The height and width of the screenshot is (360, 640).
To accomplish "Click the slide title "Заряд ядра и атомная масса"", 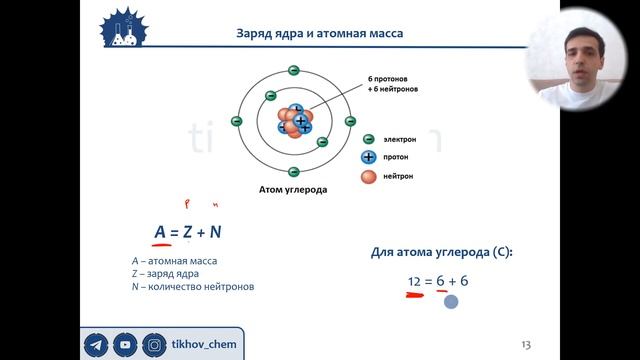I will click(x=320, y=33).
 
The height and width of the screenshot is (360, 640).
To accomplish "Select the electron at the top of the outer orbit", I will click(x=293, y=70).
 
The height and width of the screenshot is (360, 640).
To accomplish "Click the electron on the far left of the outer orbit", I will click(x=237, y=121).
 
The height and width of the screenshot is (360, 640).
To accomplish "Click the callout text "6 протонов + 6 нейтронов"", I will click(x=391, y=83).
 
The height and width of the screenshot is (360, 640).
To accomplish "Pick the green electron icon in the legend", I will click(x=368, y=140).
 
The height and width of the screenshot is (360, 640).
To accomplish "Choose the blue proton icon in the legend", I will click(x=368, y=158).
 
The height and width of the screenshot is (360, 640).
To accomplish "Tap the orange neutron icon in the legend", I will click(x=368, y=177).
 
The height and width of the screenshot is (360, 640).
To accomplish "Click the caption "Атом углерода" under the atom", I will click(x=293, y=188).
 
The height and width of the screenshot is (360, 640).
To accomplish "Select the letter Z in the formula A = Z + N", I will click(x=187, y=233).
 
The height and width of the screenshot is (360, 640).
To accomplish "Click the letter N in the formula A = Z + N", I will click(x=215, y=233).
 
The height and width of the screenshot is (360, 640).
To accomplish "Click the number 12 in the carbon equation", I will click(x=414, y=282).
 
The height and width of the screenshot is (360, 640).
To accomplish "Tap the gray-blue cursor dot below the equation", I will click(x=451, y=301).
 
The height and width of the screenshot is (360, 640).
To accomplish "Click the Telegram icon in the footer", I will click(x=97, y=344).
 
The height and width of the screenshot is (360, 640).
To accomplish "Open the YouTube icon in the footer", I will click(x=126, y=344).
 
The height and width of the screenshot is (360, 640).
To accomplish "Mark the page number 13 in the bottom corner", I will click(x=526, y=345).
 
